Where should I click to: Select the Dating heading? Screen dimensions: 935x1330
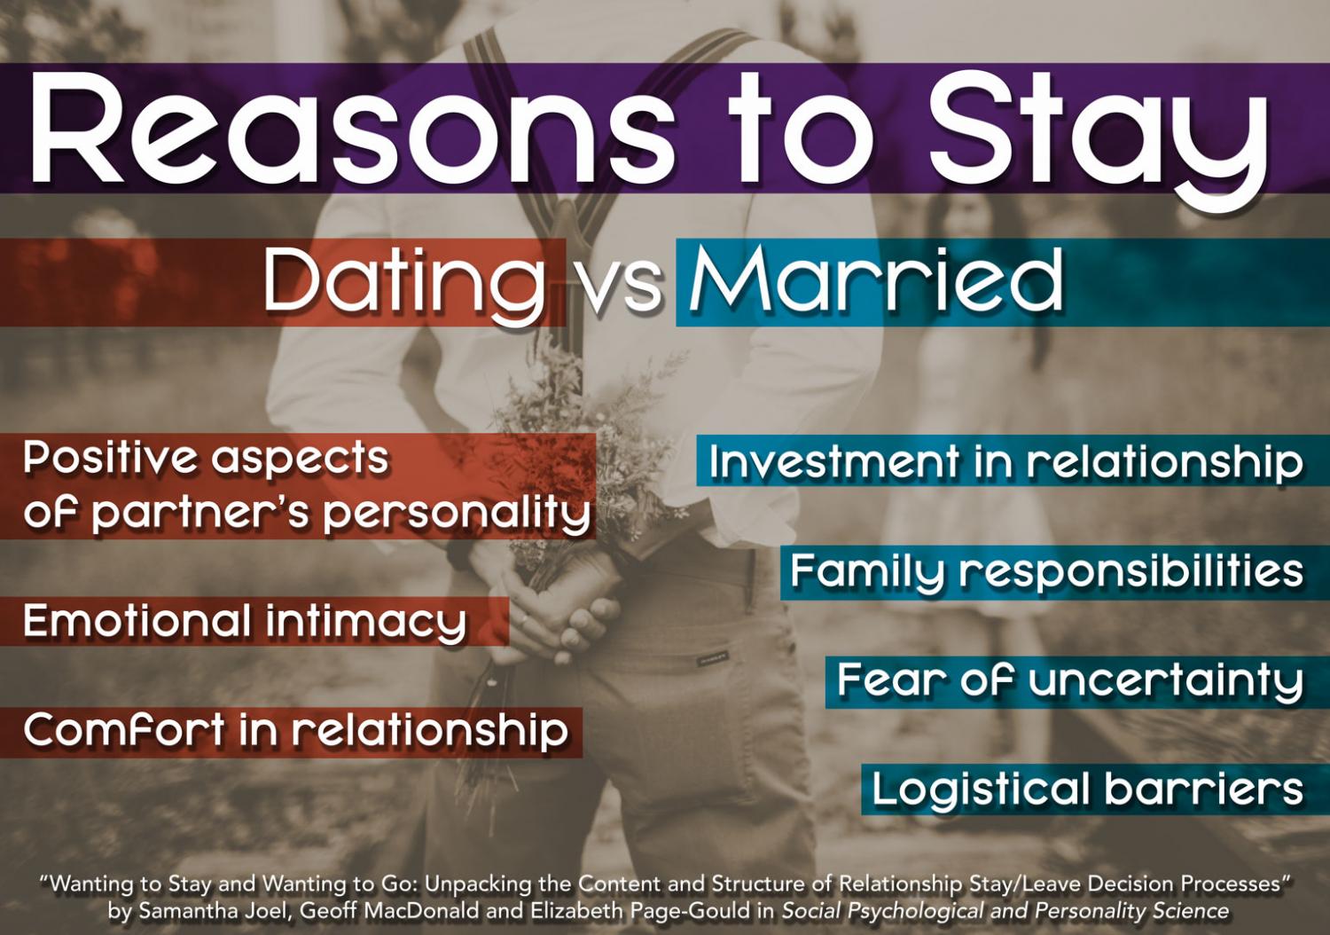(x=404, y=282)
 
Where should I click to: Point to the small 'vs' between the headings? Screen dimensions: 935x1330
(x=621, y=286)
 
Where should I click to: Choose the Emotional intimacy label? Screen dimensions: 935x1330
(x=245, y=621)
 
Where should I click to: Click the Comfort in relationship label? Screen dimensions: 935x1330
(x=295, y=731)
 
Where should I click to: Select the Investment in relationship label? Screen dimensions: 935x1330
(x=1005, y=462)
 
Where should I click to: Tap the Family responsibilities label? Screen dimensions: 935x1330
(x=1046, y=571)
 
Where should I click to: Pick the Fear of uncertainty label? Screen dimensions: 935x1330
(x=1069, y=681)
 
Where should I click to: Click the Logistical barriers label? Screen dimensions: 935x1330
(x=1087, y=790)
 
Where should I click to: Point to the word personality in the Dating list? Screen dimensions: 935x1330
(x=457, y=514)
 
